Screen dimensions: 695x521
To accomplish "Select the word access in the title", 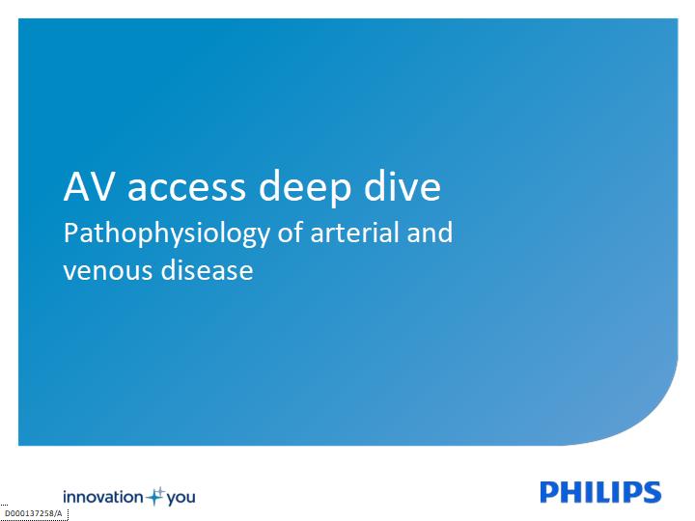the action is (186, 189).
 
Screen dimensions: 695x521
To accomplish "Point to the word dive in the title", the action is (403, 185).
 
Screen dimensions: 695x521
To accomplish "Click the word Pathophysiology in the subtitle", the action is (167, 233).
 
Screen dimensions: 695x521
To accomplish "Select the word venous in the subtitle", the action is (108, 272).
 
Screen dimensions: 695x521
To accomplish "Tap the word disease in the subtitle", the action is (207, 269).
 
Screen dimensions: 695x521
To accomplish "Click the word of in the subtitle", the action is (291, 233).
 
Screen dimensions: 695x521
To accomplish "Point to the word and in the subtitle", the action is (430, 233).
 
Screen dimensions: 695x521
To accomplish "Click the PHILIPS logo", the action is (600, 492).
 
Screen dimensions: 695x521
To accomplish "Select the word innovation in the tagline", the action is (103, 497).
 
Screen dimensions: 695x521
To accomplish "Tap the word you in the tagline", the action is (181, 499).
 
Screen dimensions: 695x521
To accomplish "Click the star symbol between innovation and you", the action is (155, 497).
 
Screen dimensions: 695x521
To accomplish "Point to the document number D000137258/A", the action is (34, 513).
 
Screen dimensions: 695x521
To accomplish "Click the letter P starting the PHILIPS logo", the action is (549, 492).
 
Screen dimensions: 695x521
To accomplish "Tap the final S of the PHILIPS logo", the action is (652, 492).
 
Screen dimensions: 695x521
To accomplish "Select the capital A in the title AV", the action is (77, 186).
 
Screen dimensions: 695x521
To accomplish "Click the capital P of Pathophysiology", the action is (71, 233).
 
